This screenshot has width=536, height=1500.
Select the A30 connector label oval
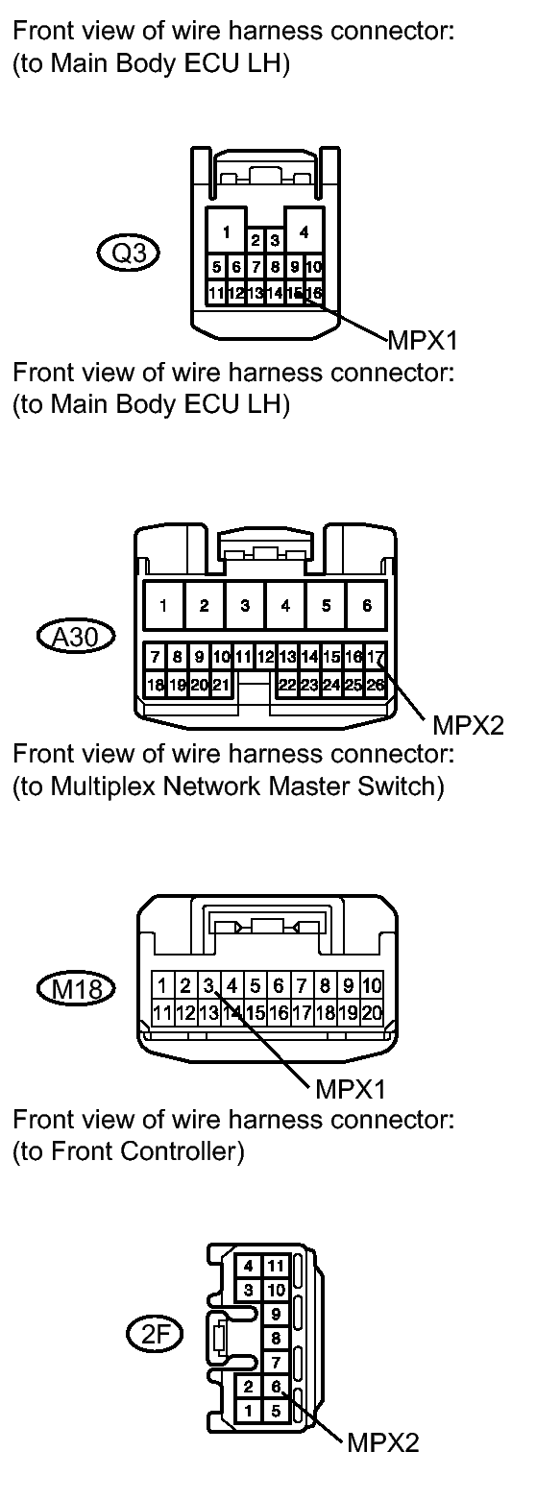pyautogui.click(x=75, y=637)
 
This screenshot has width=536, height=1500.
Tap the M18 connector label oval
pyautogui.click(x=75, y=988)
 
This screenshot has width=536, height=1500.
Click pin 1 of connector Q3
pyautogui.click(x=227, y=231)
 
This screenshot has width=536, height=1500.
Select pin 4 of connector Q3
pyautogui.click(x=305, y=231)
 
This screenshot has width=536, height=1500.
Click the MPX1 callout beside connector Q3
pyautogui.click(x=423, y=341)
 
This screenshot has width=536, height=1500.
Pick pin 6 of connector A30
pyautogui.click(x=367, y=605)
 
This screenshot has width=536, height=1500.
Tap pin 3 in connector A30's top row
pyautogui.click(x=245, y=605)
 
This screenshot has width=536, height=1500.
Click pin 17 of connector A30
pyautogui.click(x=376, y=657)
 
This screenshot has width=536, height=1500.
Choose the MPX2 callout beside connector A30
pyautogui.click(x=468, y=725)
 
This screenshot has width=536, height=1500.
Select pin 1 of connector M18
pyautogui.click(x=162, y=985)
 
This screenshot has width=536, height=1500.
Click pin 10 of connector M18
pyautogui.click(x=372, y=985)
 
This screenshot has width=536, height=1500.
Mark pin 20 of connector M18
pyautogui.click(x=372, y=1012)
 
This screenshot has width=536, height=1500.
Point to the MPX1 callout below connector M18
pyautogui.click(x=351, y=1090)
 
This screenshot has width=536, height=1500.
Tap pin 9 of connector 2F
pyautogui.click(x=276, y=1314)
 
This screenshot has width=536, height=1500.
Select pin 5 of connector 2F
pyautogui.click(x=276, y=1411)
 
